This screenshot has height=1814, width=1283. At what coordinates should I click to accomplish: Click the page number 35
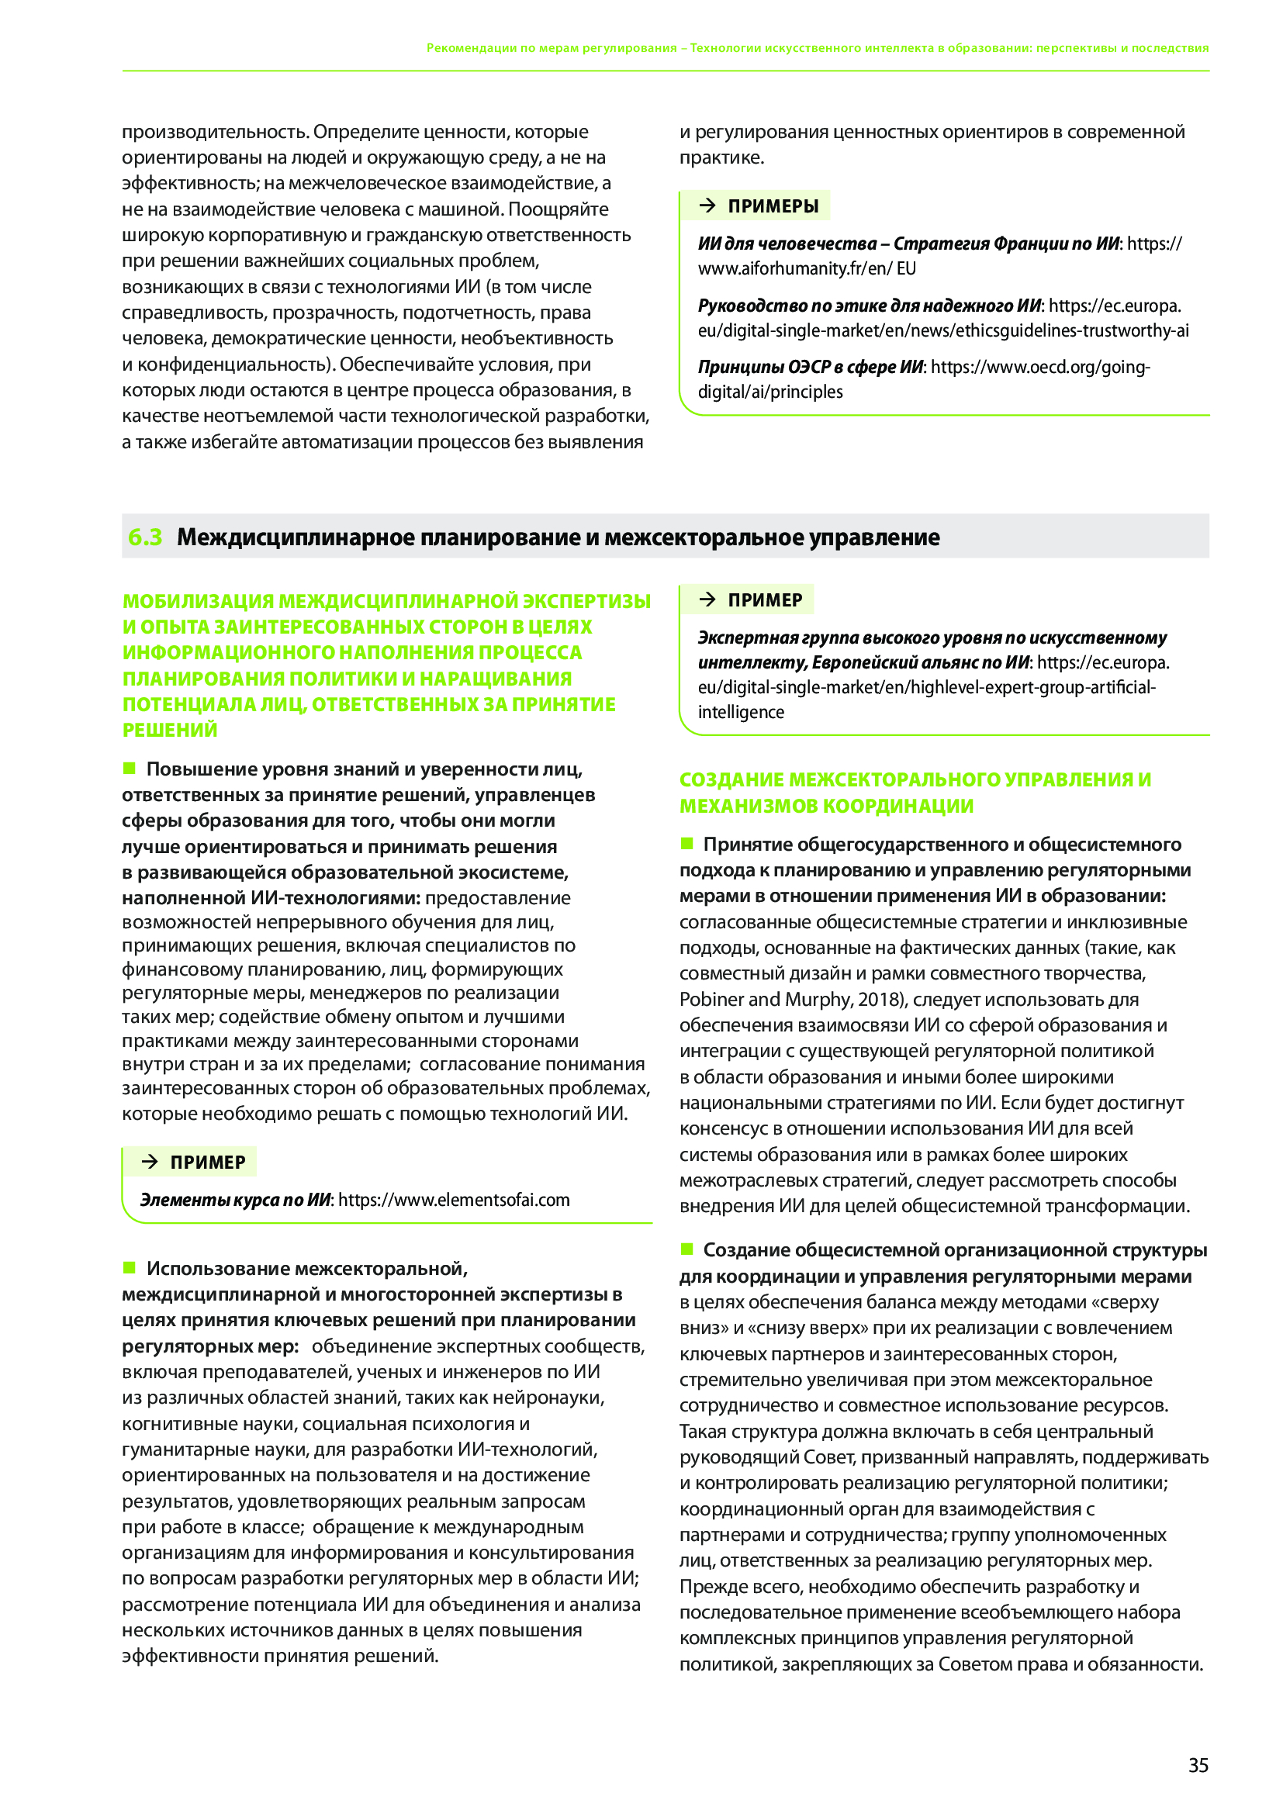pyautogui.click(x=1198, y=1765)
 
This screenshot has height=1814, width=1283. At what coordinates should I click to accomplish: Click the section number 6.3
pyautogui.click(x=144, y=537)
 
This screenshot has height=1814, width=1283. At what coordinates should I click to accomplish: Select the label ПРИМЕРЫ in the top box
pyautogui.click(x=773, y=206)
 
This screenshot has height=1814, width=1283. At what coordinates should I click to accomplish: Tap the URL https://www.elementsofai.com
pyautogui.click(x=455, y=1199)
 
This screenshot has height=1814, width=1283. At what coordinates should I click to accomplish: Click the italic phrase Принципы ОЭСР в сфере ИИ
pyautogui.click(x=810, y=367)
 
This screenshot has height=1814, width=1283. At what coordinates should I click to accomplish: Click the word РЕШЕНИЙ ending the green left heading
pyautogui.click(x=170, y=730)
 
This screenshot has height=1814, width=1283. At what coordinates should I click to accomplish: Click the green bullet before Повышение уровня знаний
pyautogui.click(x=130, y=768)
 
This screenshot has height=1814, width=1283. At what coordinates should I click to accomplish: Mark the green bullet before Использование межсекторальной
pyautogui.click(x=130, y=1267)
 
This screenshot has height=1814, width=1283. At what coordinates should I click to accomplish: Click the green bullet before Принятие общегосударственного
pyautogui.click(x=686, y=843)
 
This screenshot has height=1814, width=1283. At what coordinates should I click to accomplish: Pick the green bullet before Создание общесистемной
pyautogui.click(x=686, y=1249)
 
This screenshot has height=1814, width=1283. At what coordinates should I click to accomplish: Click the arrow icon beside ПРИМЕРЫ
pyautogui.click(x=708, y=206)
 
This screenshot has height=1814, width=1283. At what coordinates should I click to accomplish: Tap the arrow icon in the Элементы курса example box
pyautogui.click(x=150, y=1162)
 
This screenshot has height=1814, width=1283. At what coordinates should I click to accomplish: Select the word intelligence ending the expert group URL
pyautogui.click(x=740, y=712)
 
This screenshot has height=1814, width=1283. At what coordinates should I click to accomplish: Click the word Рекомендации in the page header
pyautogui.click(x=471, y=48)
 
